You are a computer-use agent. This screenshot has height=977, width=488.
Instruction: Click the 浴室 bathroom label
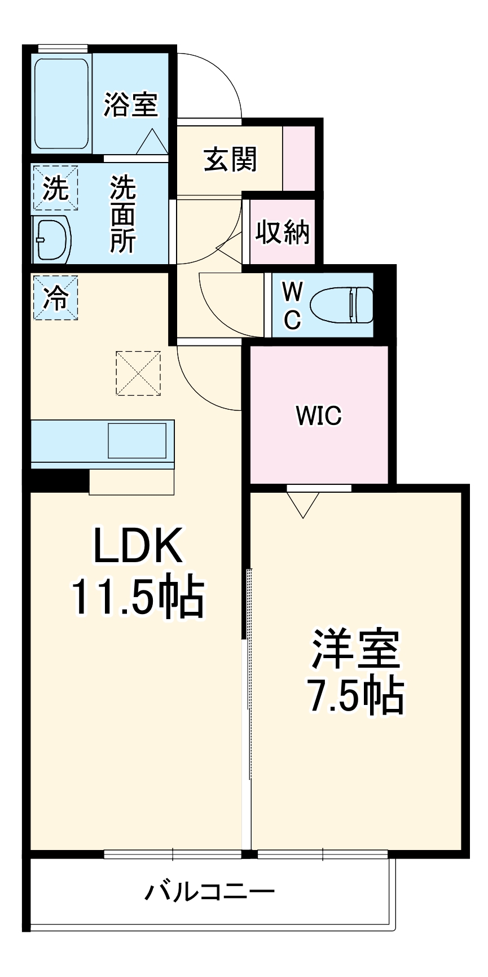[131, 104]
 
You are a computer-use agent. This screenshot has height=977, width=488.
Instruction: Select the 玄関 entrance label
[230, 160]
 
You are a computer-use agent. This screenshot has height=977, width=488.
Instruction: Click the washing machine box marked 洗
[55, 188]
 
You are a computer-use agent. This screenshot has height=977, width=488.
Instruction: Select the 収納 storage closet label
[282, 231]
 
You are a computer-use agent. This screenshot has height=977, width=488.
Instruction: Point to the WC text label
[292, 305]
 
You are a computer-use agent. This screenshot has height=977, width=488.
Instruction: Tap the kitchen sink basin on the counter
[137, 441]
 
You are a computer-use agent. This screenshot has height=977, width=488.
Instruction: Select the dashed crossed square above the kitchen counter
[138, 373]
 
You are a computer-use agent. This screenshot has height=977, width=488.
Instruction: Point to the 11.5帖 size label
[137, 597]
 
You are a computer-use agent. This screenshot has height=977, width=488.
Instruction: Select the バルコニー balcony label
[210, 892]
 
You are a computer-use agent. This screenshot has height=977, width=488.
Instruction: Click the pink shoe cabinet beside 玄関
[298, 159]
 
